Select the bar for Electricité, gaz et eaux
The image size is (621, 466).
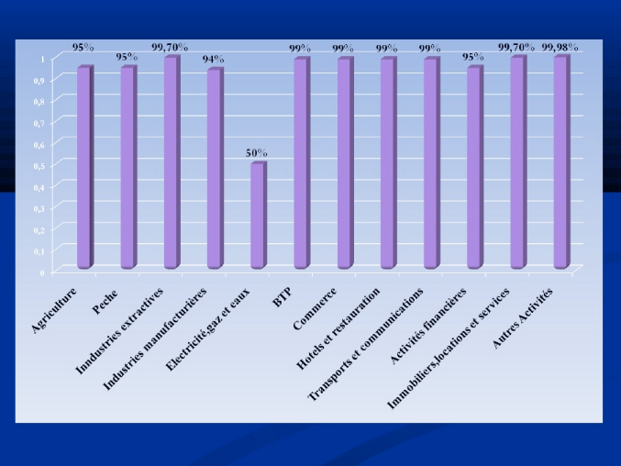click(258, 216)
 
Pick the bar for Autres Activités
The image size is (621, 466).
click(560, 162)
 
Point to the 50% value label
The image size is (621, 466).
click(257, 153)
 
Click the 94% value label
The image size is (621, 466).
click(214, 60)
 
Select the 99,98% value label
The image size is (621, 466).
click(560, 46)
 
